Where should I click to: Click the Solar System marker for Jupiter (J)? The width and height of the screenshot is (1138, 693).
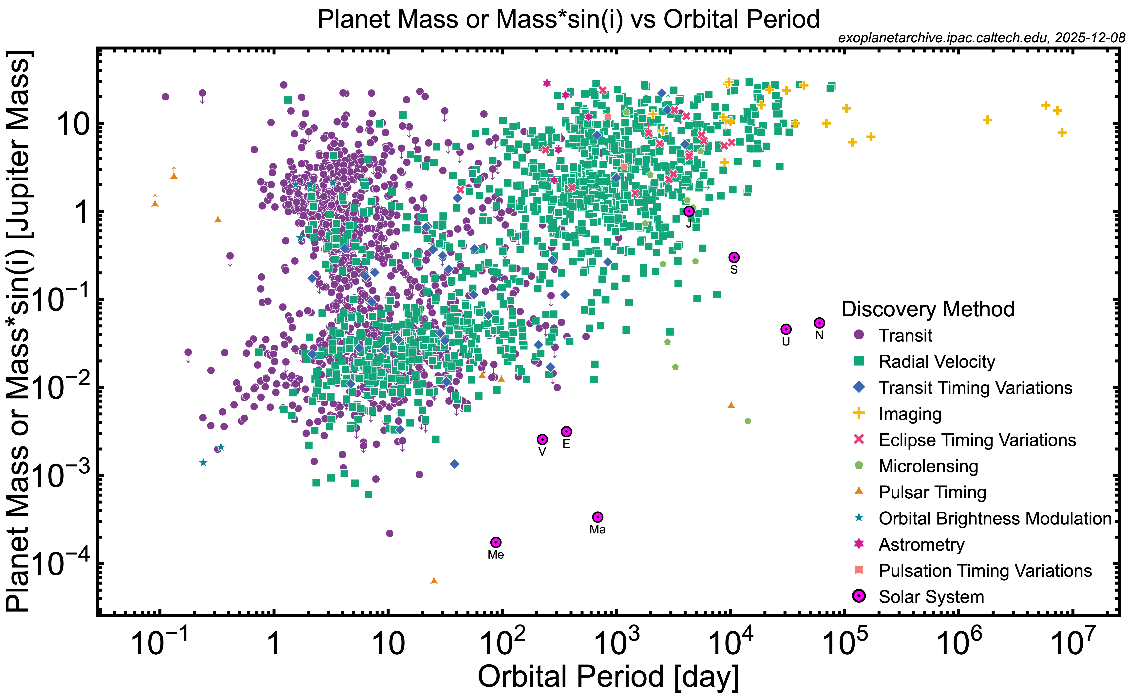689,211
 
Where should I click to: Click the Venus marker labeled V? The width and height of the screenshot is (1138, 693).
542,439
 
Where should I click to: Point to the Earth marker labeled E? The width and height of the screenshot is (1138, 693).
566,431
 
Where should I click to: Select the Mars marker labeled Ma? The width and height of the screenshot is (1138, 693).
598,517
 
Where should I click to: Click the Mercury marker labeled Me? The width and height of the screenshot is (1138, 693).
496,542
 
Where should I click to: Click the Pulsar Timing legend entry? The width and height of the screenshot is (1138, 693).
932,492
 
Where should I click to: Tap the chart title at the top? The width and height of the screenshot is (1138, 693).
569,19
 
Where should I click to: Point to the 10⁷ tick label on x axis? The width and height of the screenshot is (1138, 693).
1072,643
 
